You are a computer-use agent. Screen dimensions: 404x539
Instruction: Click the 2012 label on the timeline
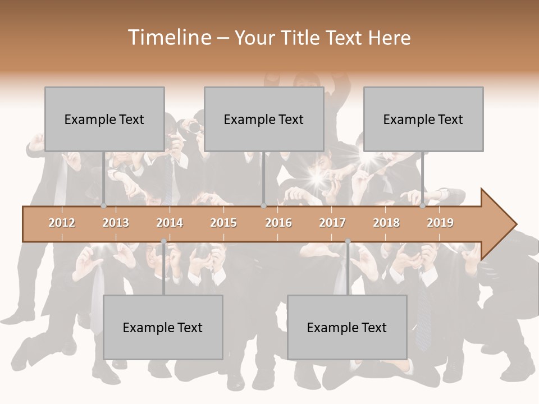point(62,223)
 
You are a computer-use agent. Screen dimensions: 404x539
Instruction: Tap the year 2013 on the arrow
point(116,223)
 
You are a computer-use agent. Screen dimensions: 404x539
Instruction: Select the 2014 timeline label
point(170,223)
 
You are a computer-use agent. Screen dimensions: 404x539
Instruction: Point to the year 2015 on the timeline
point(223,223)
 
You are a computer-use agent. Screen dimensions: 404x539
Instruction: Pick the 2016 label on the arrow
point(278,223)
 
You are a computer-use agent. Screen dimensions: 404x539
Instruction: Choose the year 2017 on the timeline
point(332,223)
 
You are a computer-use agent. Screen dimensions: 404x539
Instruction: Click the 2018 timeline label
point(386,223)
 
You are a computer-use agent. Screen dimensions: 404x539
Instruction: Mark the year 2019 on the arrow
point(440,223)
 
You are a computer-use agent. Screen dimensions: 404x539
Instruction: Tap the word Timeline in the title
point(168,38)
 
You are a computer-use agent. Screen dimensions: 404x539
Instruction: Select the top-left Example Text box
point(104,119)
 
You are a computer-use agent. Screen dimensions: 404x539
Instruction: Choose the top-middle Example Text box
point(264,119)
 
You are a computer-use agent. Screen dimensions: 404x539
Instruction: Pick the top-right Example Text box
point(423,119)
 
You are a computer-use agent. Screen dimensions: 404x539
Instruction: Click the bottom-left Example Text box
point(163,327)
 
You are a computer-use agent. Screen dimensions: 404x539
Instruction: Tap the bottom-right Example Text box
point(347,327)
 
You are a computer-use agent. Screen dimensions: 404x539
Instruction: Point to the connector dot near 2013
point(104,206)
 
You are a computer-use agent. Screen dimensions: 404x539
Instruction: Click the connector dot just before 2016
point(263,206)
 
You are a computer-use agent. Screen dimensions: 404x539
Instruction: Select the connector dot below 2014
point(163,241)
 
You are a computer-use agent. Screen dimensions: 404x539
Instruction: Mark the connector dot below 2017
point(348,241)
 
